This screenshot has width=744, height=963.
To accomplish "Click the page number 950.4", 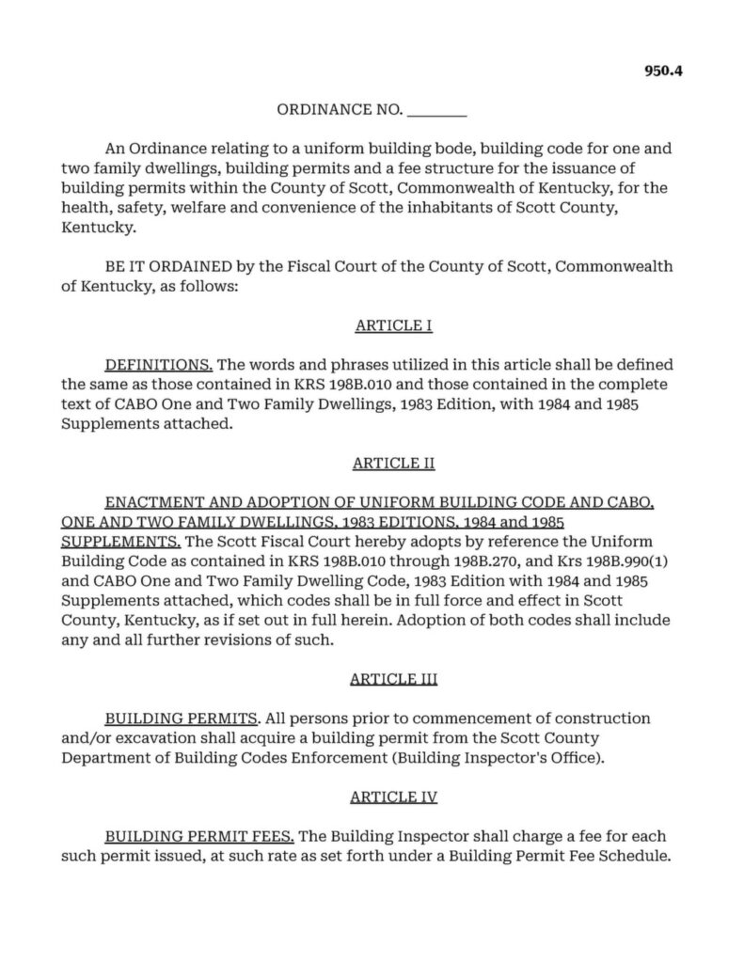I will click(662, 69).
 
